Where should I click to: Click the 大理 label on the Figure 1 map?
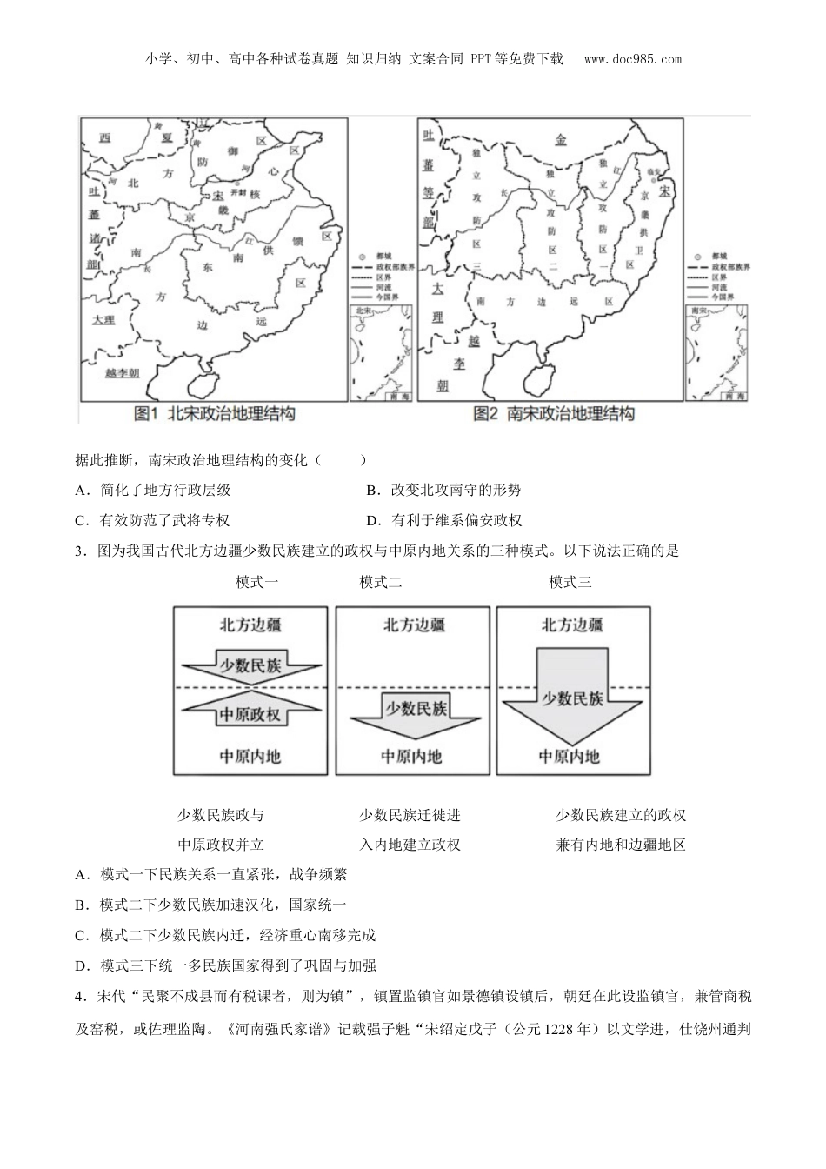104,320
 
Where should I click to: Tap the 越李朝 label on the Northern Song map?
122,372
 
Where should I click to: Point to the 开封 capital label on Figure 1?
224,191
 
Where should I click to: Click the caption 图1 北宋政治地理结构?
215,414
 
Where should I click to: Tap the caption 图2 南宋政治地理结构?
554,414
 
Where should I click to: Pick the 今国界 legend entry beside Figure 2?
721,297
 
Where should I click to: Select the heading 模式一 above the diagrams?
257,582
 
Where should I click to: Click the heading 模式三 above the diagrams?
570,582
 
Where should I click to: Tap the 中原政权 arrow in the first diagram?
250,714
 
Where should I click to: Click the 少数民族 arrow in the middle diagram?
414,709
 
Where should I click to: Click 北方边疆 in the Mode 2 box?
414,625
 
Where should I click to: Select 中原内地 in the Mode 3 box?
570,756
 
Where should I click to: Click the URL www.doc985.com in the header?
633,59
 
